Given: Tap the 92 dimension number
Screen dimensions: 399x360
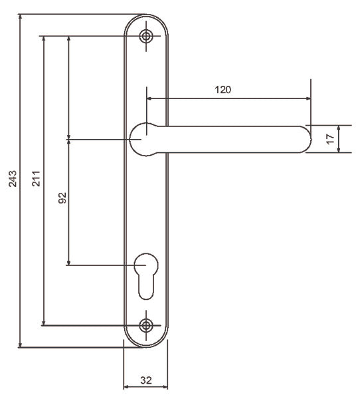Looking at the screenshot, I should [x=62, y=198].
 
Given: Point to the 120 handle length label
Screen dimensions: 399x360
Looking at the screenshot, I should [x=223, y=90].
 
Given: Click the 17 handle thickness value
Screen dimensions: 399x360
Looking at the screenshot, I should [x=329, y=139].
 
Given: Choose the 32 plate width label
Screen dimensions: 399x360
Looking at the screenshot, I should [x=145, y=380].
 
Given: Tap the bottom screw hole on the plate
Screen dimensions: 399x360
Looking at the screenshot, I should [x=146, y=325].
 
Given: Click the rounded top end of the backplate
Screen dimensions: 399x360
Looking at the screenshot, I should [x=146, y=17].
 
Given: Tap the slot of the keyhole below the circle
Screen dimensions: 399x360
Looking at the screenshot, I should [x=146, y=287].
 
